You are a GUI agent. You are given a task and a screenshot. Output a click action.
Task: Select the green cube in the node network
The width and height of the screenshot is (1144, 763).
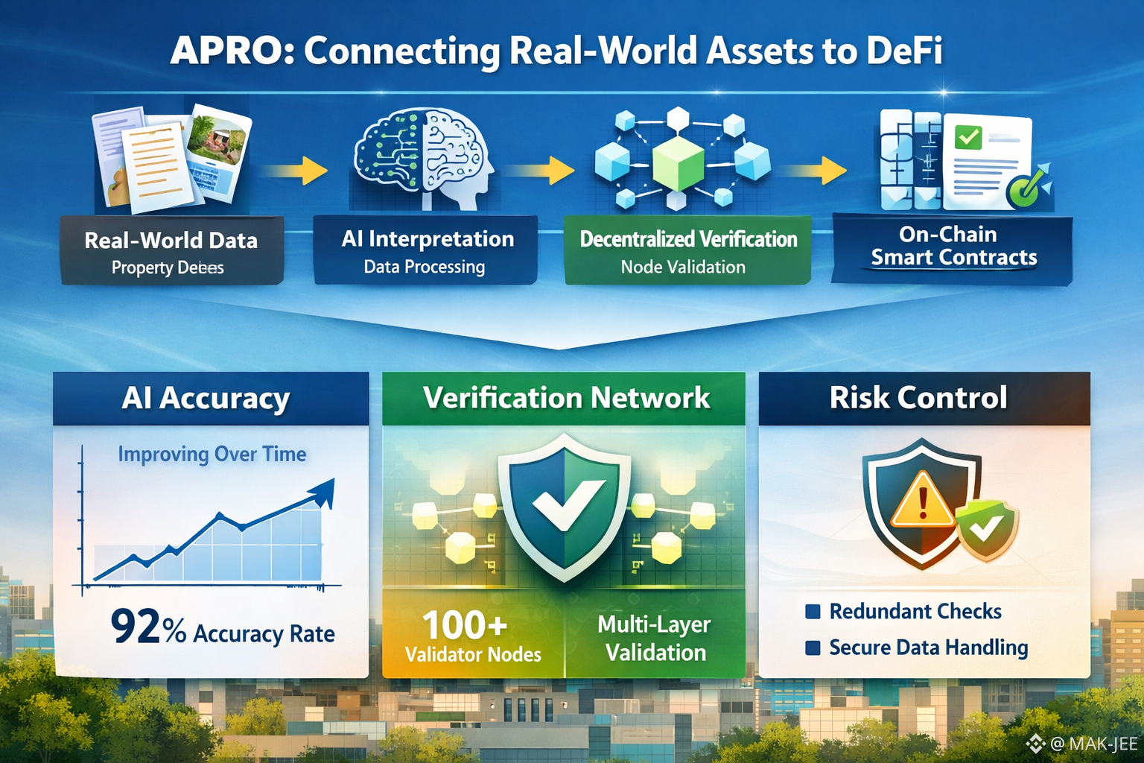[x=678, y=160]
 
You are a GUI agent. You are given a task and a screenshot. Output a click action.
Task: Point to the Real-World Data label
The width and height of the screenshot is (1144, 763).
[x=171, y=241]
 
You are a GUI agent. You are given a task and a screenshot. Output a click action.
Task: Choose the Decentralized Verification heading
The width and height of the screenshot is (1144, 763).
[x=688, y=239]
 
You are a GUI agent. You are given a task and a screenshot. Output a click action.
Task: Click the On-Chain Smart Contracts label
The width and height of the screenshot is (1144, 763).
[x=953, y=246]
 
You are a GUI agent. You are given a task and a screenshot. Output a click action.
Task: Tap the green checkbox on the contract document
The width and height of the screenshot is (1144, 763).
[x=968, y=137]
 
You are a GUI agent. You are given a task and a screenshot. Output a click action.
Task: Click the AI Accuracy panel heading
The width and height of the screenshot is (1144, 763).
[x=206, y=399]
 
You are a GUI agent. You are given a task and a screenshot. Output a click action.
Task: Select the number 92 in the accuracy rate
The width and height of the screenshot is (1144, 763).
[x=136, y=627]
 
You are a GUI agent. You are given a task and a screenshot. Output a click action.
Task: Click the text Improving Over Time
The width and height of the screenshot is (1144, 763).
[x=212, y=454]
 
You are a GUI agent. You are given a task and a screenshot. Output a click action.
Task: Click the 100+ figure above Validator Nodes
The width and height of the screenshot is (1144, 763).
[x=465, y=624]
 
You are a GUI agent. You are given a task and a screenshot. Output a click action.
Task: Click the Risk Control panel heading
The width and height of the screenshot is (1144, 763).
[x=918, y=398]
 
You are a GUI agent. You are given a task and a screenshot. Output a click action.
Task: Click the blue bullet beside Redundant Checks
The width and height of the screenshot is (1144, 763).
[x=813, y=612]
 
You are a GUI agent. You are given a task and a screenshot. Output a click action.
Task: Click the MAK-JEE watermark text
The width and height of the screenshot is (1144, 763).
[x=1102, y=744]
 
